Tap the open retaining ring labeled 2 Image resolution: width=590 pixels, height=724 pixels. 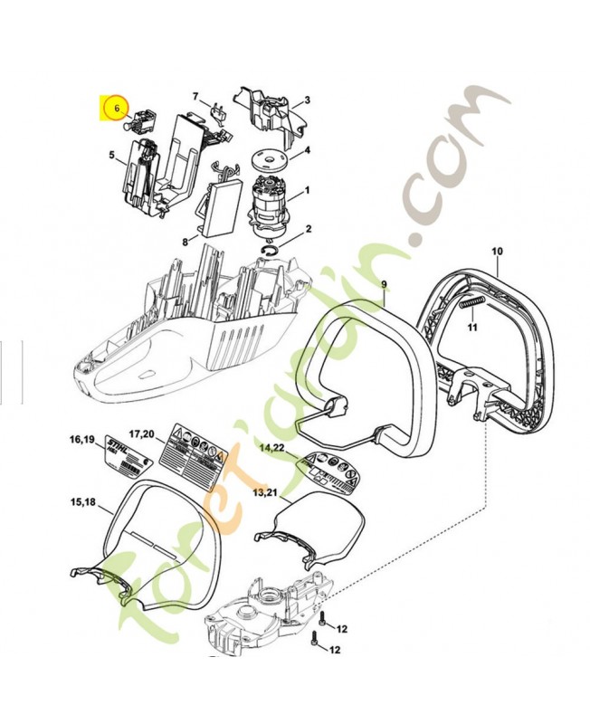click(x=272, y=249)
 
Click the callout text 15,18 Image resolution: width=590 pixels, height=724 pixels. click(x=83, y=501)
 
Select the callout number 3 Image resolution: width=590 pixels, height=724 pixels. click(x=307, y=100)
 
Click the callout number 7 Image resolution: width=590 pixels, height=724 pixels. click(x=195, y=96)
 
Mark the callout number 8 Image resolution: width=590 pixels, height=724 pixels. click(x=185, y=242)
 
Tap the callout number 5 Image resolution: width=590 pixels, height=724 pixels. click(x=111, y=155)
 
